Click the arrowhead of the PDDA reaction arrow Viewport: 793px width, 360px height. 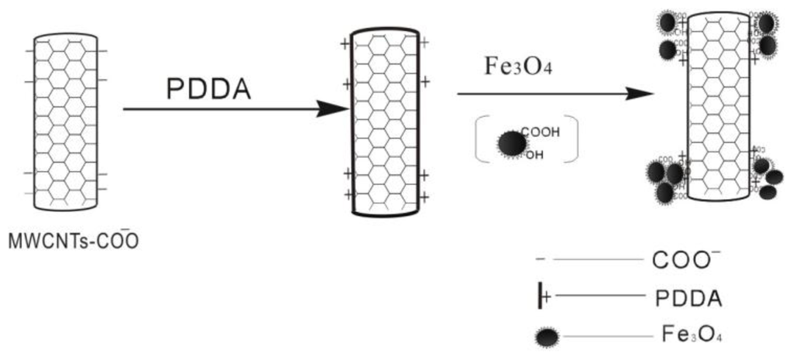(336, 109)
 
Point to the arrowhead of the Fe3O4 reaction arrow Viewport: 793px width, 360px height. (640, 94)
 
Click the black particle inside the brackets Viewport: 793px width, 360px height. (511, 143)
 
